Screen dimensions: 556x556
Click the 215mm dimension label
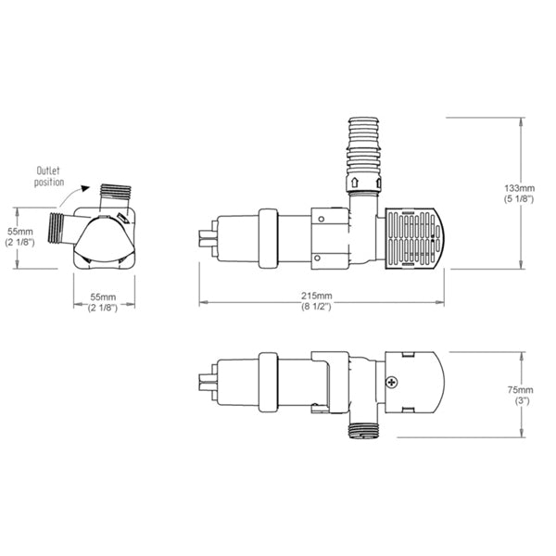tap(317, 296)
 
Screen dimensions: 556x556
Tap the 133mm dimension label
tap(520, 188)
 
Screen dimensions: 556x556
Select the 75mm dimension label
tap(520, 390)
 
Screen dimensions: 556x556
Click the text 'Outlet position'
tap(49, 177)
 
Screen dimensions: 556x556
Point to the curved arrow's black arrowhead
tap(84, 188)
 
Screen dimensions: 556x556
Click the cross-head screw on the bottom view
tap(391, 382)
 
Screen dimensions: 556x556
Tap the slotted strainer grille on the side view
tap(413, 239)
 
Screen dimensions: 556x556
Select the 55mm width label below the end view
tap(103, 297)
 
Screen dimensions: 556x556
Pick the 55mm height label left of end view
tap(20, 232)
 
